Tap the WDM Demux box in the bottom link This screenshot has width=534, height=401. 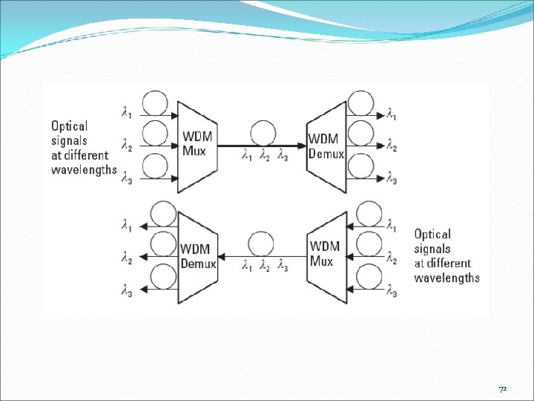pyautogui.click(x=198, y=256)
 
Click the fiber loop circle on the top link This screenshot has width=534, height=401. pyautogui.click(x=263, y=134)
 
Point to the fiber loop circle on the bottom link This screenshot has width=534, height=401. pyautogui.click(x=262, y=244)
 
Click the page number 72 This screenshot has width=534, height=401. pyautogui.click(x=503, y=389)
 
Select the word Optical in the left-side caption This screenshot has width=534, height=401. pyautogui.click(x=69, y=126)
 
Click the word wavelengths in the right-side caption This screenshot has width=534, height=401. pyautogui.click(x=446, y=278)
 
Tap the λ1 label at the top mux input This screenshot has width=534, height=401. pyautogui.click(x=128, y=113)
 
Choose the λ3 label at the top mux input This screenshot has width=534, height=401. pyautogui.click(x=128, y=179)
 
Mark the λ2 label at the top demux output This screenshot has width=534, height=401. pyautogui.click(x=391, y=147)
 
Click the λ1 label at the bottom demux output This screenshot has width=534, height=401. pyautogui.click(x=127, y=224)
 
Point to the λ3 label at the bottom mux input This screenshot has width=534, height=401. pyautogui.click(x=391, y=290)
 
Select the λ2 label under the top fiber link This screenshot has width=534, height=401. pyautogui.click(x=265, y=156)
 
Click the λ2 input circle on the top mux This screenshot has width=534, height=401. pyautogui.click(x=156, y=134)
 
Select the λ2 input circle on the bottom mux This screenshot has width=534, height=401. pyautogui.click(x=369, y=244)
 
